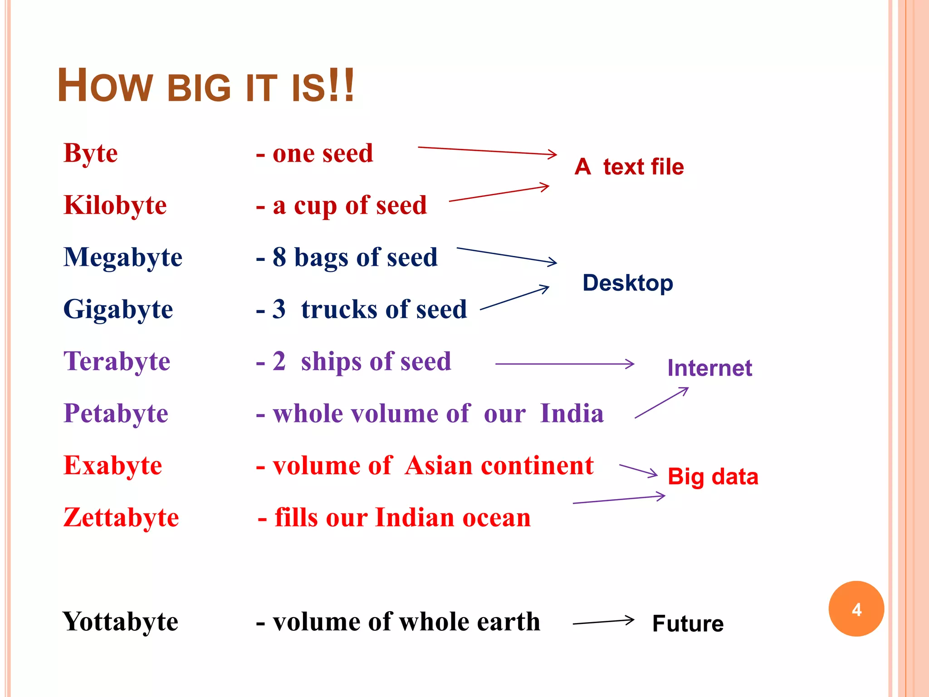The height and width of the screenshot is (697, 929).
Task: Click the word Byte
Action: click(91, 153)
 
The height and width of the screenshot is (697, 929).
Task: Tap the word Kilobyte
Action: click(115, 205)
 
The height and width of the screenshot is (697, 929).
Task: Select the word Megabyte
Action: click(123, 257)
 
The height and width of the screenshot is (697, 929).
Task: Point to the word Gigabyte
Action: click(118, 309)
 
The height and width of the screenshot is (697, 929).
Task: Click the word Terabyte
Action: click(117, 362)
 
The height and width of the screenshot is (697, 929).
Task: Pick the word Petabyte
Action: click(116, 413)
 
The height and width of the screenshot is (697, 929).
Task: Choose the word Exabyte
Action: click(113, 466)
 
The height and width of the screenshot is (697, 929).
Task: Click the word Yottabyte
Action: click(120, 622)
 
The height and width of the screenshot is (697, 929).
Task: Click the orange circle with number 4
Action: click(856, 609)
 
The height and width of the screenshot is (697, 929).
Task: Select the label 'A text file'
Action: click(629, 167)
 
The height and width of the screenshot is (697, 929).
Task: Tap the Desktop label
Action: click(628, 283)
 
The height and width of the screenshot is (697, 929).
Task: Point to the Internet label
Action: click(709, 368)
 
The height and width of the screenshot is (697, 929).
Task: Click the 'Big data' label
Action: click(713, 477)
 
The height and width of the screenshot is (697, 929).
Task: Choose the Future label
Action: click(688, 623)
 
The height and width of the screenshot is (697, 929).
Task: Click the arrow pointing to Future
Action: click(603, 622)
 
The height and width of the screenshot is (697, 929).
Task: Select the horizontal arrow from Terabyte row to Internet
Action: click(565, 364)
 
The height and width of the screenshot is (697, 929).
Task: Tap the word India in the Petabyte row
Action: click(572, 413)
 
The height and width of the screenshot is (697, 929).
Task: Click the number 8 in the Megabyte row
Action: click(279, 257)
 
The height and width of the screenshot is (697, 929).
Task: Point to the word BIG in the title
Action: click(200, 88)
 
